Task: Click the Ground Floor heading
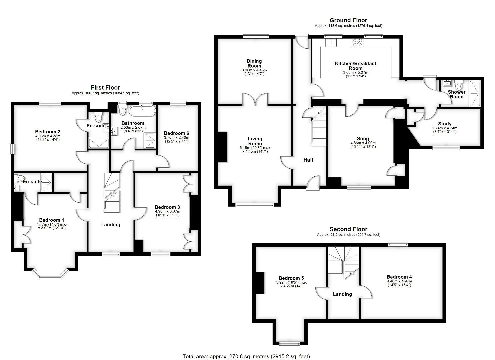click(348, 20)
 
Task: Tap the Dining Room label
click(254, 63)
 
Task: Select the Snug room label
click(363, 139)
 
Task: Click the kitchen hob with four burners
click(357, 43)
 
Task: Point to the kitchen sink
click(331, 42)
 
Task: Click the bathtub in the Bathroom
click(142, 111)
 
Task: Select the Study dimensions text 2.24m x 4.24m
click(445, 128)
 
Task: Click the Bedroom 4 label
click(399, 277)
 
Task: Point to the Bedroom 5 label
click(291, 278)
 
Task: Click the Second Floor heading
click(348, 229)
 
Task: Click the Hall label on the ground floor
click(308, 160)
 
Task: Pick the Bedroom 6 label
click(176, 133)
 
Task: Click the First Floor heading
click(105, 88)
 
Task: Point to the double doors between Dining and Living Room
click(255, 99)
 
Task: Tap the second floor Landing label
click(342, 294)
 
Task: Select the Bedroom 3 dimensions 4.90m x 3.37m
click(168, 211)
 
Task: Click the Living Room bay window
click(254, 205)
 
